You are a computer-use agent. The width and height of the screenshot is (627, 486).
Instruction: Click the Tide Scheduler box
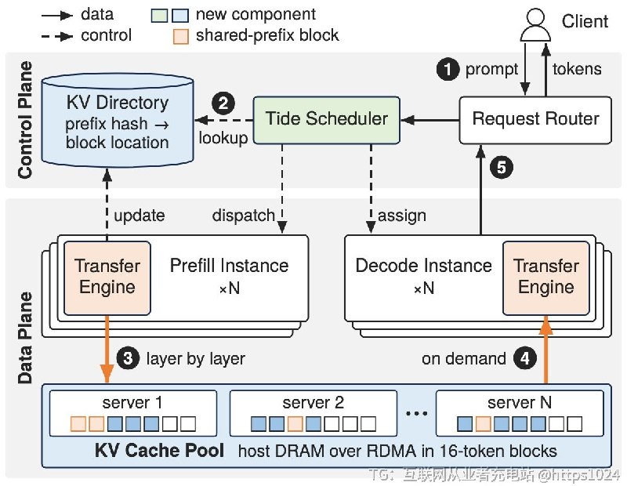[327, 120]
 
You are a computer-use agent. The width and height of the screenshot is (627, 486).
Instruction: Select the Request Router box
[535, 120]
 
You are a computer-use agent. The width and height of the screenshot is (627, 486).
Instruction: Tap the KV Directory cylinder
[118, 120]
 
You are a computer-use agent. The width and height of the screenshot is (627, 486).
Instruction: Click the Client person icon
[535, 25]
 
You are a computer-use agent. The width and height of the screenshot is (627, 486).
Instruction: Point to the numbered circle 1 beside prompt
[448, 69]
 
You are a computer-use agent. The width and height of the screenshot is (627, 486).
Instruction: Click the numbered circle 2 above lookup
[223, 103]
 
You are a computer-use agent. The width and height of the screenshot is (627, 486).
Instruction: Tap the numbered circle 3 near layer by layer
[128, 358]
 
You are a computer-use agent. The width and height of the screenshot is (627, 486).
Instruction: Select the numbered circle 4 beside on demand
[524, 358]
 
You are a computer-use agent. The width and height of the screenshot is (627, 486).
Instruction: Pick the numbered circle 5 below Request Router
[502, 167]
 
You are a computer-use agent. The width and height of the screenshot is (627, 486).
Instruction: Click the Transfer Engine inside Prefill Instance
[107, 278]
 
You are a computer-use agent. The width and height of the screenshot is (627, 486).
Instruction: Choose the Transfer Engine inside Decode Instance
[545, 278]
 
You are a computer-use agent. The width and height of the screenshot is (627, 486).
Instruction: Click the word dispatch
[244, 216]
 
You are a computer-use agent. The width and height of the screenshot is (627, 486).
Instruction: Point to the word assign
[402, 216]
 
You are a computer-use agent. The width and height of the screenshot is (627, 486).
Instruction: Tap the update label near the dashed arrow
[140, 216]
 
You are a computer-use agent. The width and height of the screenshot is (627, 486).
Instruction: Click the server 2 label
[313, 402]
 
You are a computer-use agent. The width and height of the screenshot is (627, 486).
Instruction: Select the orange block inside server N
[483, 423]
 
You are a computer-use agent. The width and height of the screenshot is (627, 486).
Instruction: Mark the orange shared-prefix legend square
[181, 36]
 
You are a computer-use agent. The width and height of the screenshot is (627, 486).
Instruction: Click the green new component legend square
[159, 15]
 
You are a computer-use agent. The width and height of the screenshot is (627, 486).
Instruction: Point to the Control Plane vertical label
[25, 120]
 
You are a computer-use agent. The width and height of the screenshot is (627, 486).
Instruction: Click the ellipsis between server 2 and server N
[416, 414]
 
